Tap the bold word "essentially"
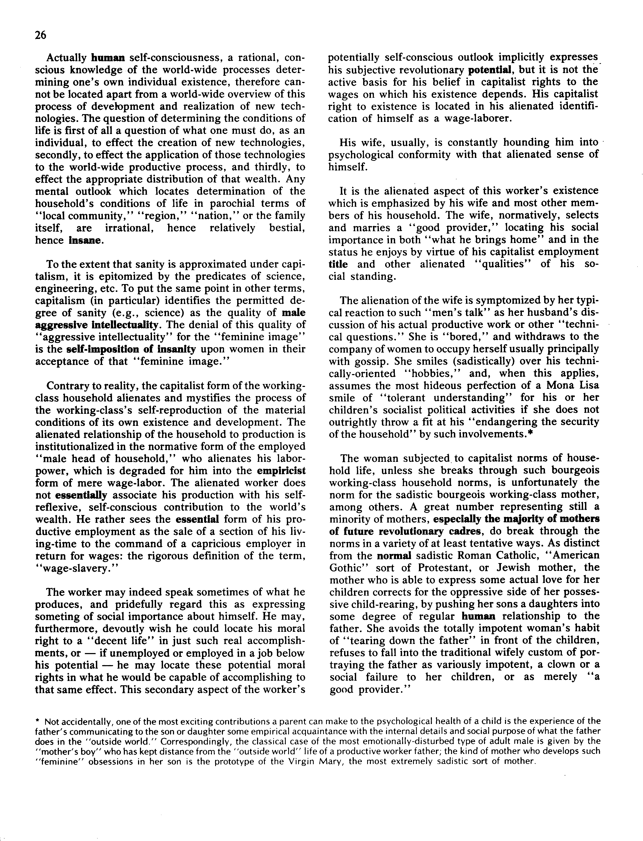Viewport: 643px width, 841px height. pyautogui.click(x=81, y=495)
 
